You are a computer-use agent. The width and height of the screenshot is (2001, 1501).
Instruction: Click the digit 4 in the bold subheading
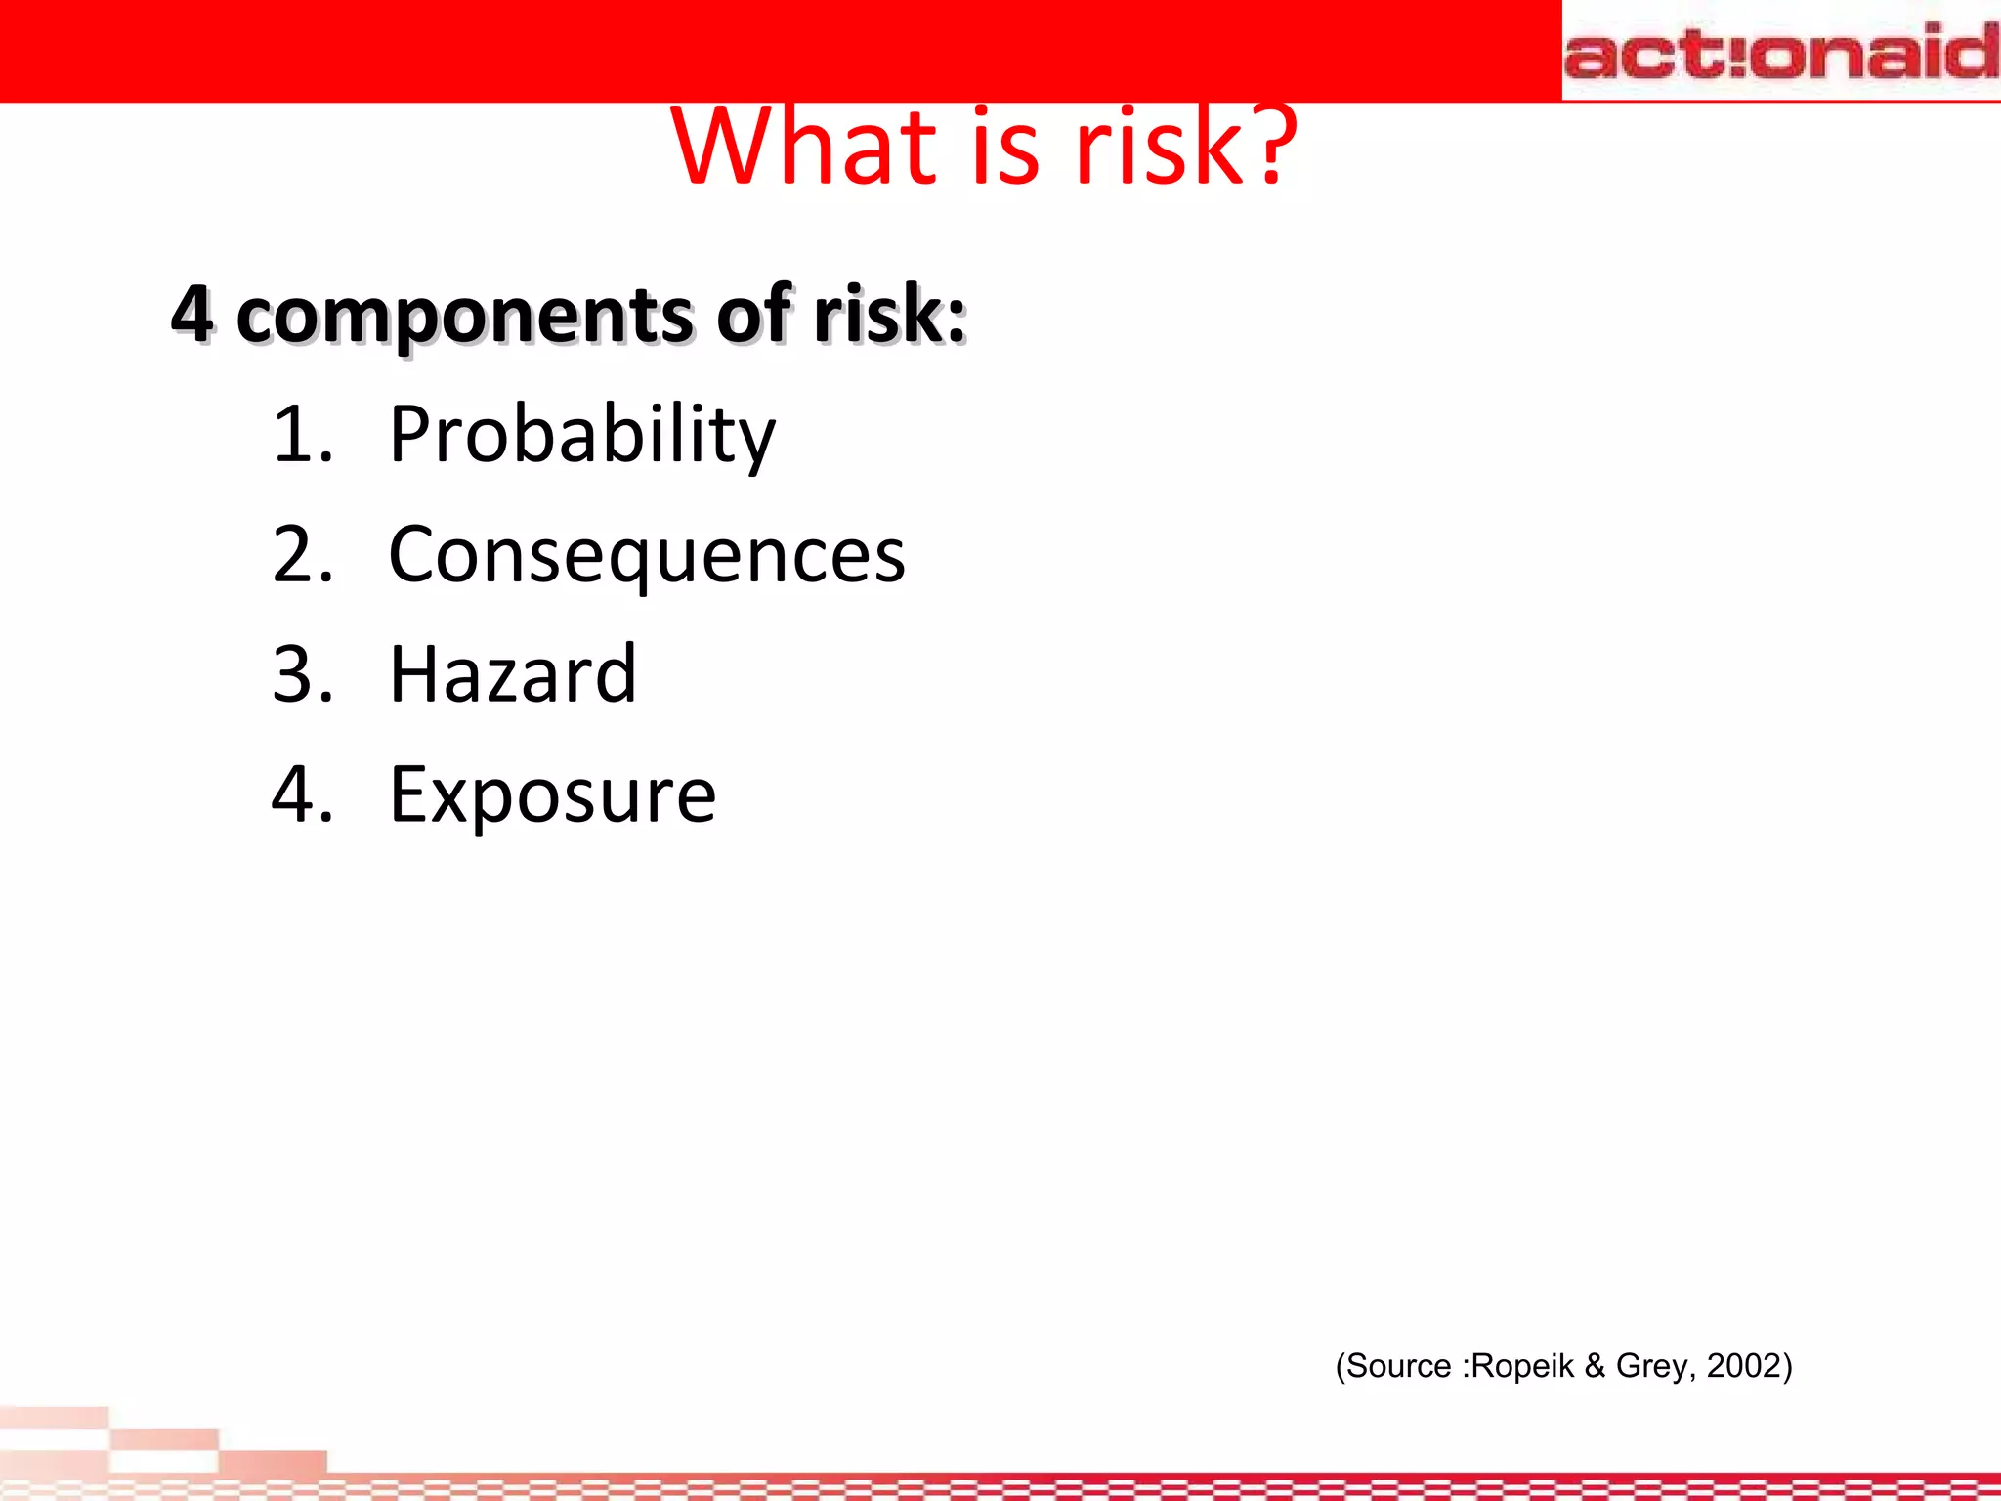(x=192, y=315)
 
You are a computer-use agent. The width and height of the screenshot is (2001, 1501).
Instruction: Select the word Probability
(x=582, y=436)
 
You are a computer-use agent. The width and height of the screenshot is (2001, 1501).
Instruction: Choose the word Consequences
(x=647, y=556)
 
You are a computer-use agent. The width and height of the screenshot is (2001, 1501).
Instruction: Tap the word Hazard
(x=513, y=674)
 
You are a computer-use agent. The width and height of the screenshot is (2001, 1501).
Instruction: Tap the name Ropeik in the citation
(x=1522, y=1365)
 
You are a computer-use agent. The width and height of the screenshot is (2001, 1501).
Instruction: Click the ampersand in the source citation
(x=1595, y=1365)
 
